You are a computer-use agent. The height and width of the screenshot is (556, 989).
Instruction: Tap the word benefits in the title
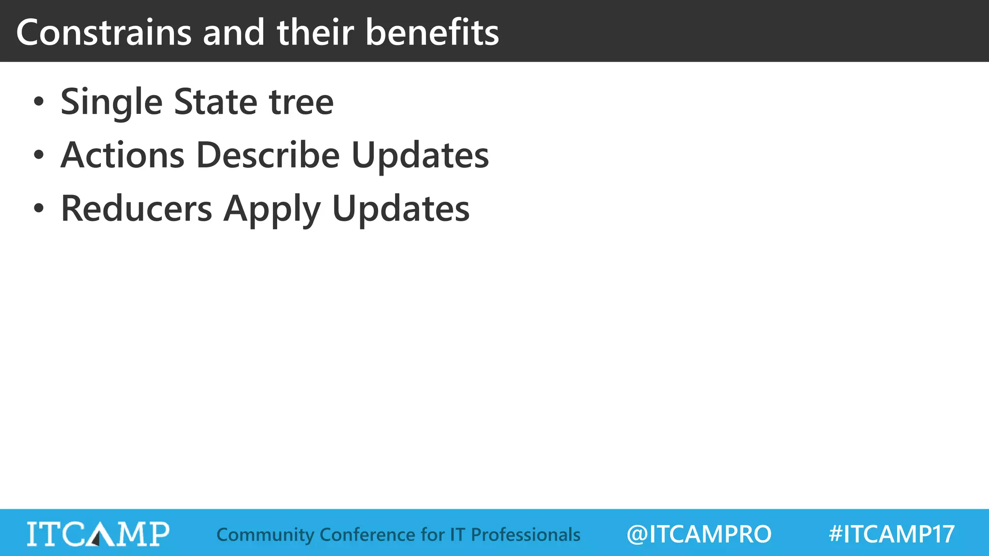point(432,33)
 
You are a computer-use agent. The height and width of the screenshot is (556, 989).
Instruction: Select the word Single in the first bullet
point(112,102)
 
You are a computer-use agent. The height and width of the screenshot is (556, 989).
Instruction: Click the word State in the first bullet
point(215,102)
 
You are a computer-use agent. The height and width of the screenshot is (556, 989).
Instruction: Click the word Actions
point(122,155)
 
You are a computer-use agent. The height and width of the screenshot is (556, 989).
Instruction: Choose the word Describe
point(268,155)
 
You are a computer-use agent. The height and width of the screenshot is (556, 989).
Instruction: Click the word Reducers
point(136,209)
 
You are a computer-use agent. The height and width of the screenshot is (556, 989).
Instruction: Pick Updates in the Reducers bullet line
point(401,209)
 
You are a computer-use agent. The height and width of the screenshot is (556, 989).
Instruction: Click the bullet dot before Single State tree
point(39,102)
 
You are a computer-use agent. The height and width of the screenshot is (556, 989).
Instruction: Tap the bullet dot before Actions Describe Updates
point(39,155)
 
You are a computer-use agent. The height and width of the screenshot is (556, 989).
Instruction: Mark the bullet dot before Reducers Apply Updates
point(39,209)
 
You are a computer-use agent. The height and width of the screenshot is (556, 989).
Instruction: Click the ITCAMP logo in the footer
point(98,534)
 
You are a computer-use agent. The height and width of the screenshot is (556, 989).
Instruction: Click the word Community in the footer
point(265,535)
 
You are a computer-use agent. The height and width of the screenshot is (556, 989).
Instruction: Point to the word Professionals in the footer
point(525,535)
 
